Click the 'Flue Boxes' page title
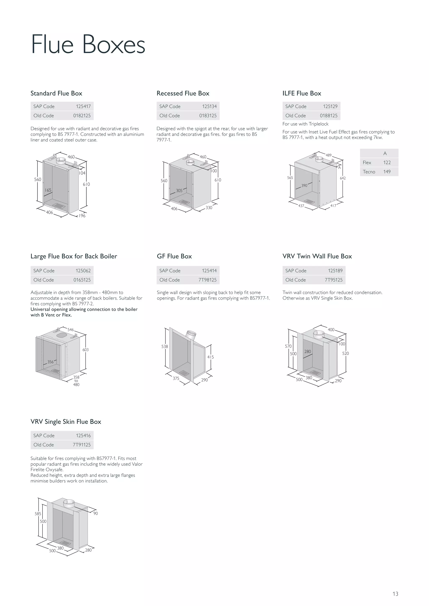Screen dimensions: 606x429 pos(88,44)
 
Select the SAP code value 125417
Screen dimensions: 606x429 pos(83,106)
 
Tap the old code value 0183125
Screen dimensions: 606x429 pos(208,116)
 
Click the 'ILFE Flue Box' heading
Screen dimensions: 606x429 pos(302,94)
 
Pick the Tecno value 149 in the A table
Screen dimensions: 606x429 pos(387,172)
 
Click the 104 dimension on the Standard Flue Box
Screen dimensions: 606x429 pos(82,173)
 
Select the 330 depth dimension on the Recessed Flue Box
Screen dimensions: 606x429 pos(209,208)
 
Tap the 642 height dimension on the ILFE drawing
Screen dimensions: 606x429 pos(343,178)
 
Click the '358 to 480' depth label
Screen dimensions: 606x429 pos(76,381)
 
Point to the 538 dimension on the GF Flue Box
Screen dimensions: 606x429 pos(165,347)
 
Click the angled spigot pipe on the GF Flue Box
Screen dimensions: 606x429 pos(191,335)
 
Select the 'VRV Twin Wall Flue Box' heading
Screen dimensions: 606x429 pos(317,256)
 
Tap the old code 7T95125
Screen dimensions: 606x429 pos(333,280)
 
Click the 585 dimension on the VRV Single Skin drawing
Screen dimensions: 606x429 pos(38,514)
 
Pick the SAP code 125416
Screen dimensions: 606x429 pos(83,435)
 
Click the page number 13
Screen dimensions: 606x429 pos(395,594)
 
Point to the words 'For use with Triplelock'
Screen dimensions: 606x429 pos(305,124)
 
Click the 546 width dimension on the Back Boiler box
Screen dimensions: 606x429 pos(71,330)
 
